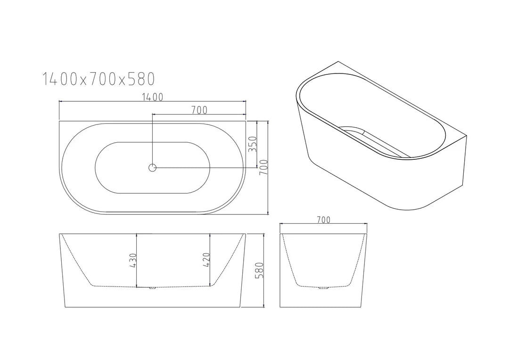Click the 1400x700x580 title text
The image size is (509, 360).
pyautogui.click(x=99, y=79)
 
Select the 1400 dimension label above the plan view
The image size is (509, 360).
pyautogui.click(x=152, y=97)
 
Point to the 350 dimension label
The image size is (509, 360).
pyautogui.click(x=252, y=144)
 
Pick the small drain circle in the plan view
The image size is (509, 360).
pyautogui.click(x=152, y=167)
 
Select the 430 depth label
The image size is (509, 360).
pyautogui.click(x=132, y=260)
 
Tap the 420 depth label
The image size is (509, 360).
pyautogui.click(x=205, y=260)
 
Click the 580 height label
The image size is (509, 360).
pyautogui.click(x=258, y=270)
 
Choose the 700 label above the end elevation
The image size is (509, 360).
pyautogui.click(x=323, y=220)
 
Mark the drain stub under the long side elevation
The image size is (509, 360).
pyautogui.click(x=152, y=287)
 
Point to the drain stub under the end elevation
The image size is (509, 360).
pyautogui.click(x=323, y=287)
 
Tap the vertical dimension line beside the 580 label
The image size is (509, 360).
pyautogui.click(x=263, y=292)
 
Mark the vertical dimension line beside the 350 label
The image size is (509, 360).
pyautogui.click(x=257, y=155)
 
